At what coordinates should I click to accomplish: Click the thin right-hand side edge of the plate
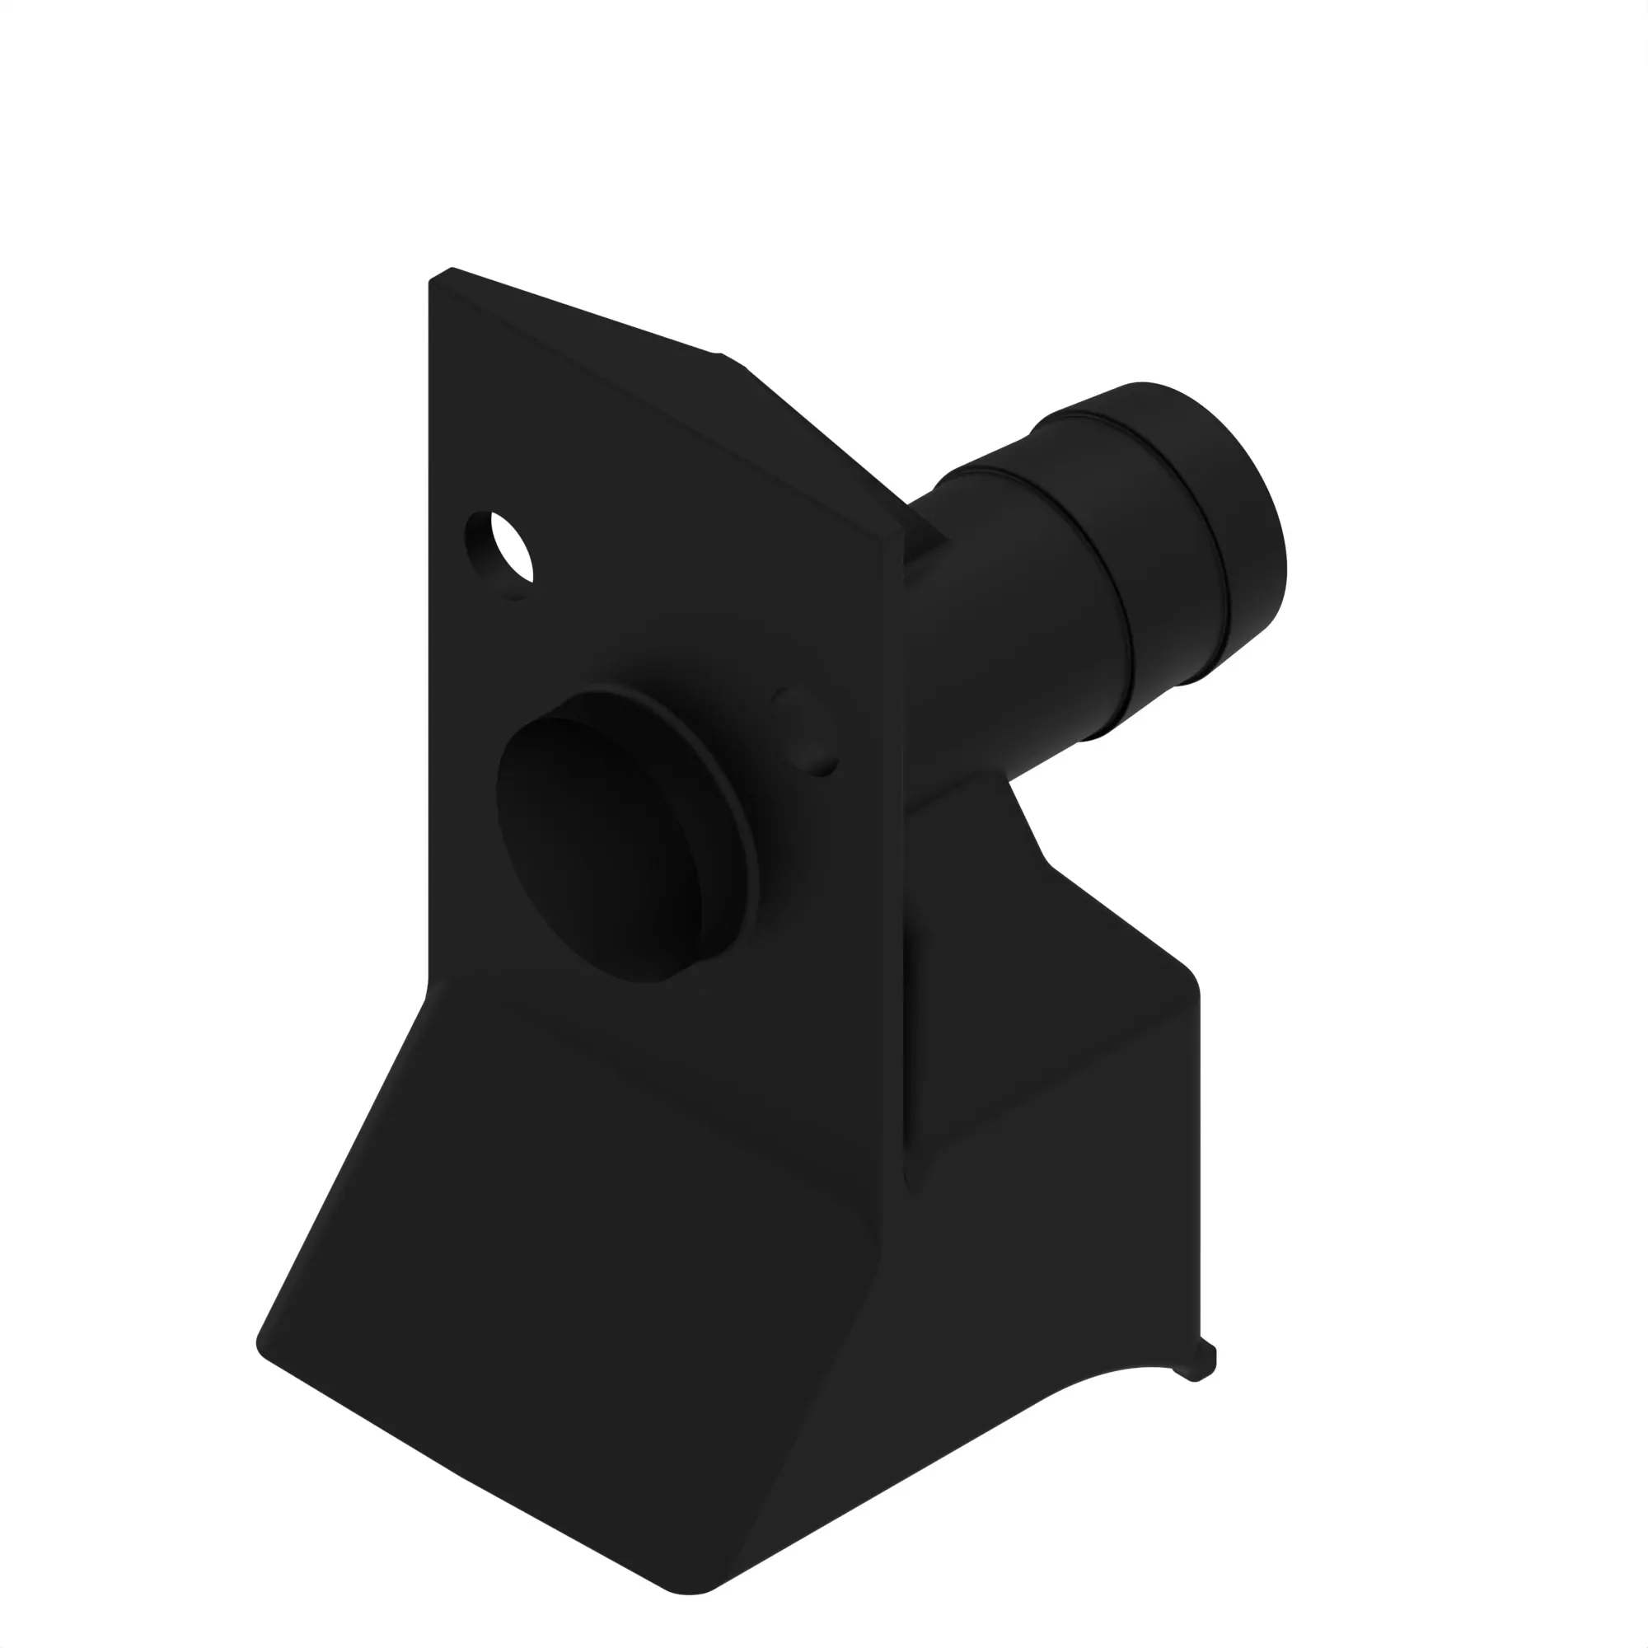point(892,853)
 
